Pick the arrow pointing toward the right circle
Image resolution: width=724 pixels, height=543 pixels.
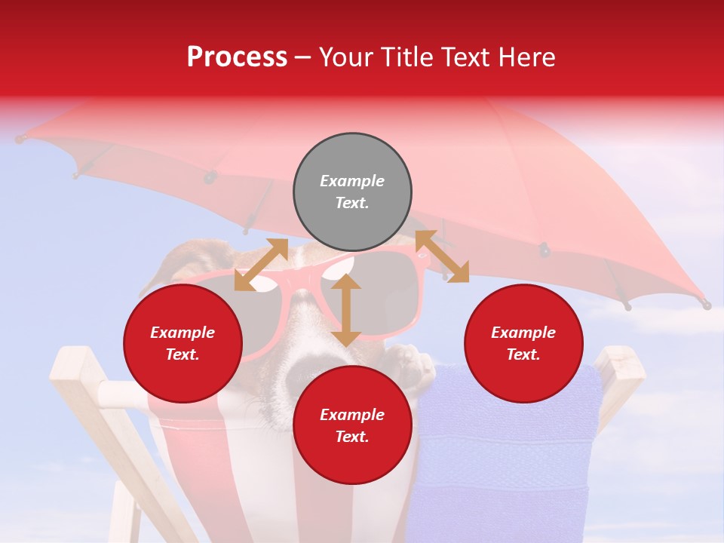click(x=442, y=256)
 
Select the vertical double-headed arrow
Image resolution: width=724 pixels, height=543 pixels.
click(x=346, y=310)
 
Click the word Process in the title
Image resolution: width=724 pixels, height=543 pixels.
click(x=237, y=57)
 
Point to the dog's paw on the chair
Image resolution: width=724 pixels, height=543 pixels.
click(x=411, y=362)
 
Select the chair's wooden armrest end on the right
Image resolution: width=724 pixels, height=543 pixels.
click(x=622, y=362)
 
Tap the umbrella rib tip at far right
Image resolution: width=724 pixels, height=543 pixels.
click(x=706, y=305)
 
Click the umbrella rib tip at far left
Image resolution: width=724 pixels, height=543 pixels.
click(x=20, y=140)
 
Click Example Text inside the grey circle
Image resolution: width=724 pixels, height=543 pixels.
click(x=352, y=192)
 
